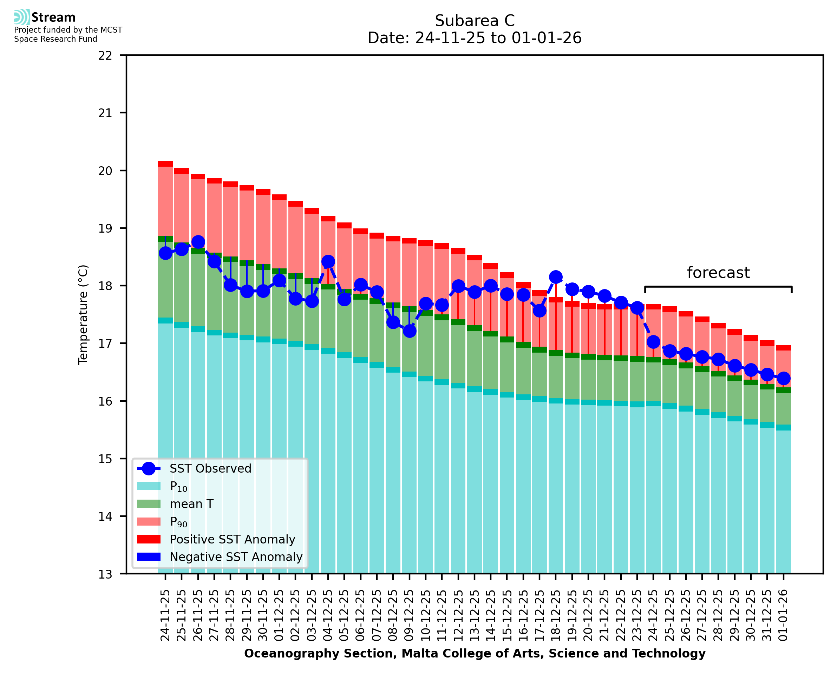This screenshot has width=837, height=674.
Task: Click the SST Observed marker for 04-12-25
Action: (328, 261)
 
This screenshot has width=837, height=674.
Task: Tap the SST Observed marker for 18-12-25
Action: (556, 277)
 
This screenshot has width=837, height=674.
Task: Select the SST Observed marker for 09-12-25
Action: (410, 331)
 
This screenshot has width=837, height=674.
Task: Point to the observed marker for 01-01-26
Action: (783, 378)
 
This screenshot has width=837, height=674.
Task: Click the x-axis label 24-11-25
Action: (165, 615)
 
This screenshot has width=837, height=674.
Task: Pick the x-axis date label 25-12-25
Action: (669, 615)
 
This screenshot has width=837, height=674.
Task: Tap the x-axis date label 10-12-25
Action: (425, 615)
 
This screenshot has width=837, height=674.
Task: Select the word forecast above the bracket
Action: (718, 273)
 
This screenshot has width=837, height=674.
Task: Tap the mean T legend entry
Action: (191, 504)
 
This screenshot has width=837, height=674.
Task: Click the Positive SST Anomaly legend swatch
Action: (149, 539)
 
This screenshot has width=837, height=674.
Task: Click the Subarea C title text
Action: (475, 21)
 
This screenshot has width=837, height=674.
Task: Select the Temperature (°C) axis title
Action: (83, 314)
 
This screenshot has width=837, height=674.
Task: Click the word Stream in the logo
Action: (53, 18)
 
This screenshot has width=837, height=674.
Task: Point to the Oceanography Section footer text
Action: (475, 653)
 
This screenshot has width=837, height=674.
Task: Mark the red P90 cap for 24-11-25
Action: (165, 164)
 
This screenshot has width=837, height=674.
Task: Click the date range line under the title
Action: (475, 38)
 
